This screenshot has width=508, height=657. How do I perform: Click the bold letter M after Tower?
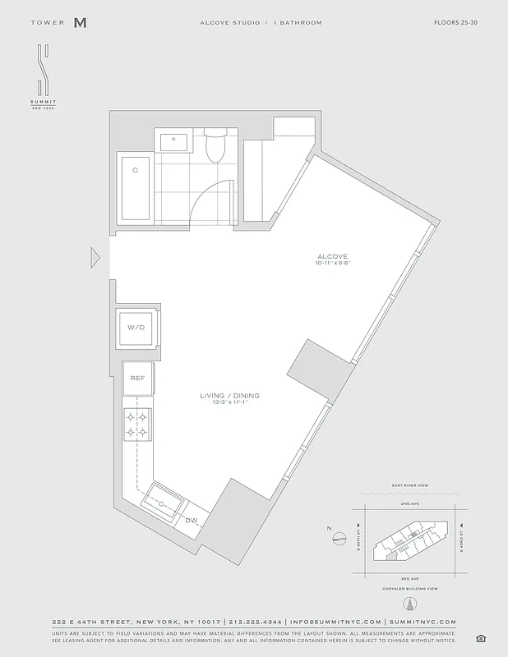click(80, 23)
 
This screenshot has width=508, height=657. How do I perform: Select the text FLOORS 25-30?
click(455, 23)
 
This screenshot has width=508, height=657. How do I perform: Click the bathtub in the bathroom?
click(135, 188)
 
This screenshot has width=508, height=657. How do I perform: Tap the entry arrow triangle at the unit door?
click(95, 258)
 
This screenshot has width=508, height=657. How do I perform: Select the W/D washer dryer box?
click(136, 328)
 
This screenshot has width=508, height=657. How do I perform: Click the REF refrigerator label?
click(136, 379)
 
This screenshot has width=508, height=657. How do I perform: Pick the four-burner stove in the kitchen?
click(136, 425)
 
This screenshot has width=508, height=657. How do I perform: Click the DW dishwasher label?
click(191, 521)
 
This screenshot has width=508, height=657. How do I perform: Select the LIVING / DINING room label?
click(229, 396)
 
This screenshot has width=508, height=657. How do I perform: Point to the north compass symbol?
click(339, 540)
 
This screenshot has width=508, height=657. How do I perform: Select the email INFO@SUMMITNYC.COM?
click(335, 623)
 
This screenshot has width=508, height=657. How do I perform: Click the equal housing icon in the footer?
click(480, 639)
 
